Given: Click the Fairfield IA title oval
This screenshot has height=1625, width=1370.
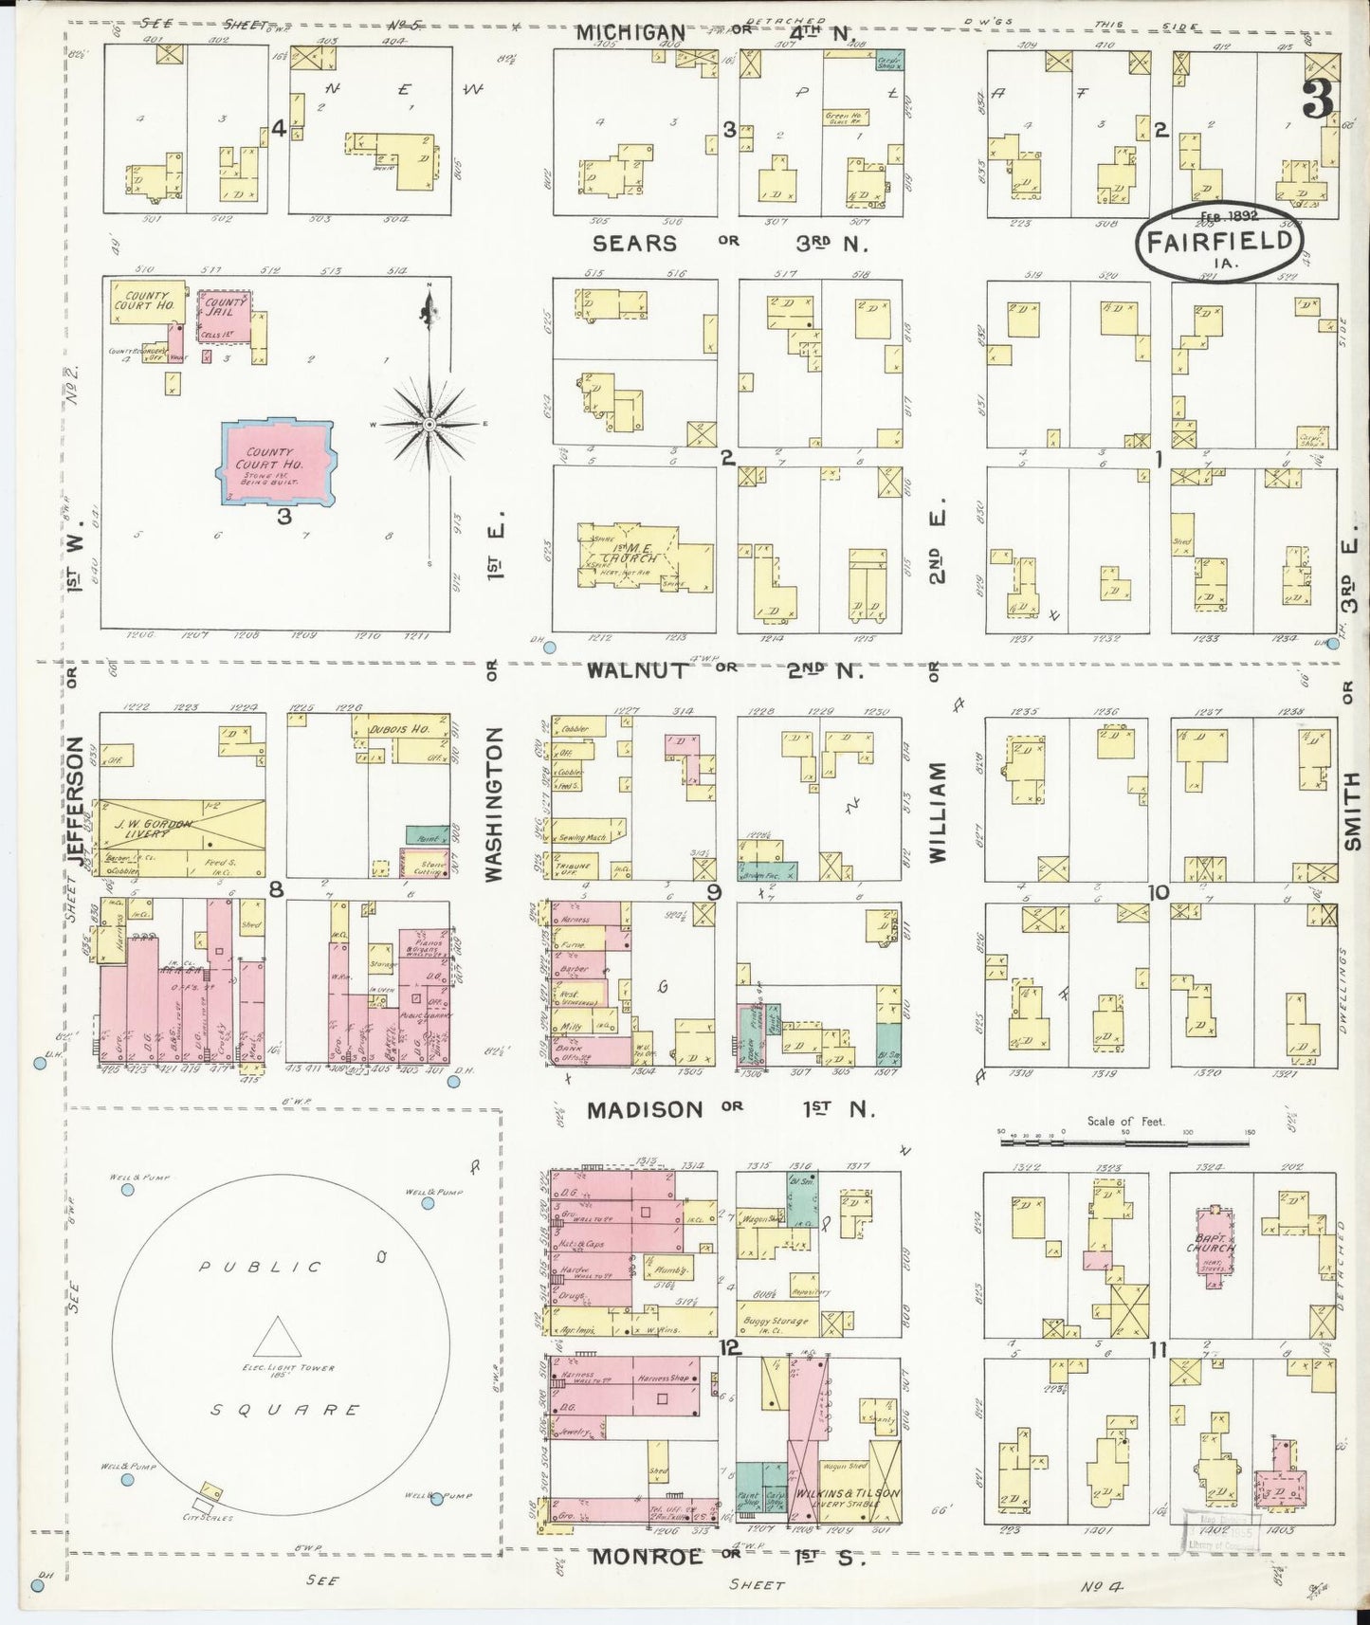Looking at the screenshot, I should (x=1219, y=241).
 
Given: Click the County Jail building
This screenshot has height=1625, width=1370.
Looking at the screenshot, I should (x=226, y=316).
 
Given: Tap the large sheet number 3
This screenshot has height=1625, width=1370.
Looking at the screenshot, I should (x=1319, y=100).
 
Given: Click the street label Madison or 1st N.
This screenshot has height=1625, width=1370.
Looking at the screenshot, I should (x=730, y=1109).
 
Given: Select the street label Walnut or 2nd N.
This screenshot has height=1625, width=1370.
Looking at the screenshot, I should (x=724, y=670).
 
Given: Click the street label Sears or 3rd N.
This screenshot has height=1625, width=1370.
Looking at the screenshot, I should (x=729, y=244).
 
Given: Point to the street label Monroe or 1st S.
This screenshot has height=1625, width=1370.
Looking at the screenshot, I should (x=728, y=1557).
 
